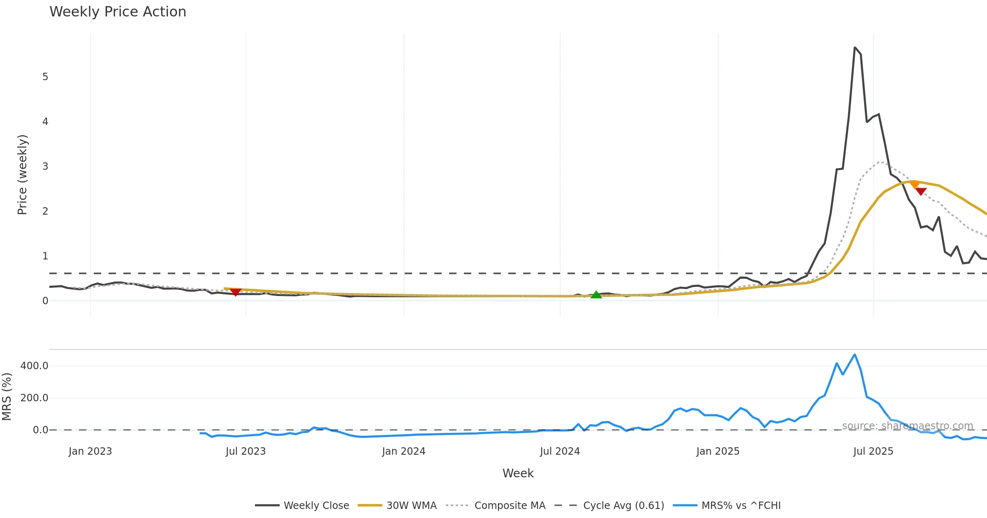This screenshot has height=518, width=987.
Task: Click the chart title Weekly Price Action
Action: click(118, 12)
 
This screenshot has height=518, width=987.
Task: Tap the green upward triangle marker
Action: click(596, 294)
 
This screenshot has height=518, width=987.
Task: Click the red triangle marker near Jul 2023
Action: click(236, 292)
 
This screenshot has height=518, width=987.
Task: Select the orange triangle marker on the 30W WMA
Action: click(915, 185)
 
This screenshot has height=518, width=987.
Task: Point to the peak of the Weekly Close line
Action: click(855, 48)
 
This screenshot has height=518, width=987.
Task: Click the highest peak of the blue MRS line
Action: click(855, 354)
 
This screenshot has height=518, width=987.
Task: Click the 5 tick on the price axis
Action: click(45, 77)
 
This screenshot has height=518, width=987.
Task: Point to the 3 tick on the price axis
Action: click(45, 166)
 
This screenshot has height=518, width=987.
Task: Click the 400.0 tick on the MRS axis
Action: click(35, 366)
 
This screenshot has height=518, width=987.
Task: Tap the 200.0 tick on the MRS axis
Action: click(35, 398)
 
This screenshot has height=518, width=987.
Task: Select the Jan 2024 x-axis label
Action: click(403, 451)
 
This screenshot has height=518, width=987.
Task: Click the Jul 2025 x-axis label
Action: click(873, 451)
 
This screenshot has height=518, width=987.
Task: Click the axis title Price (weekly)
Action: click(22, 175)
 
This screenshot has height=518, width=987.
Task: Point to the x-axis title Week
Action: click(518, 474)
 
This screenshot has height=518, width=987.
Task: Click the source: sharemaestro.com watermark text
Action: click(908, 426)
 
